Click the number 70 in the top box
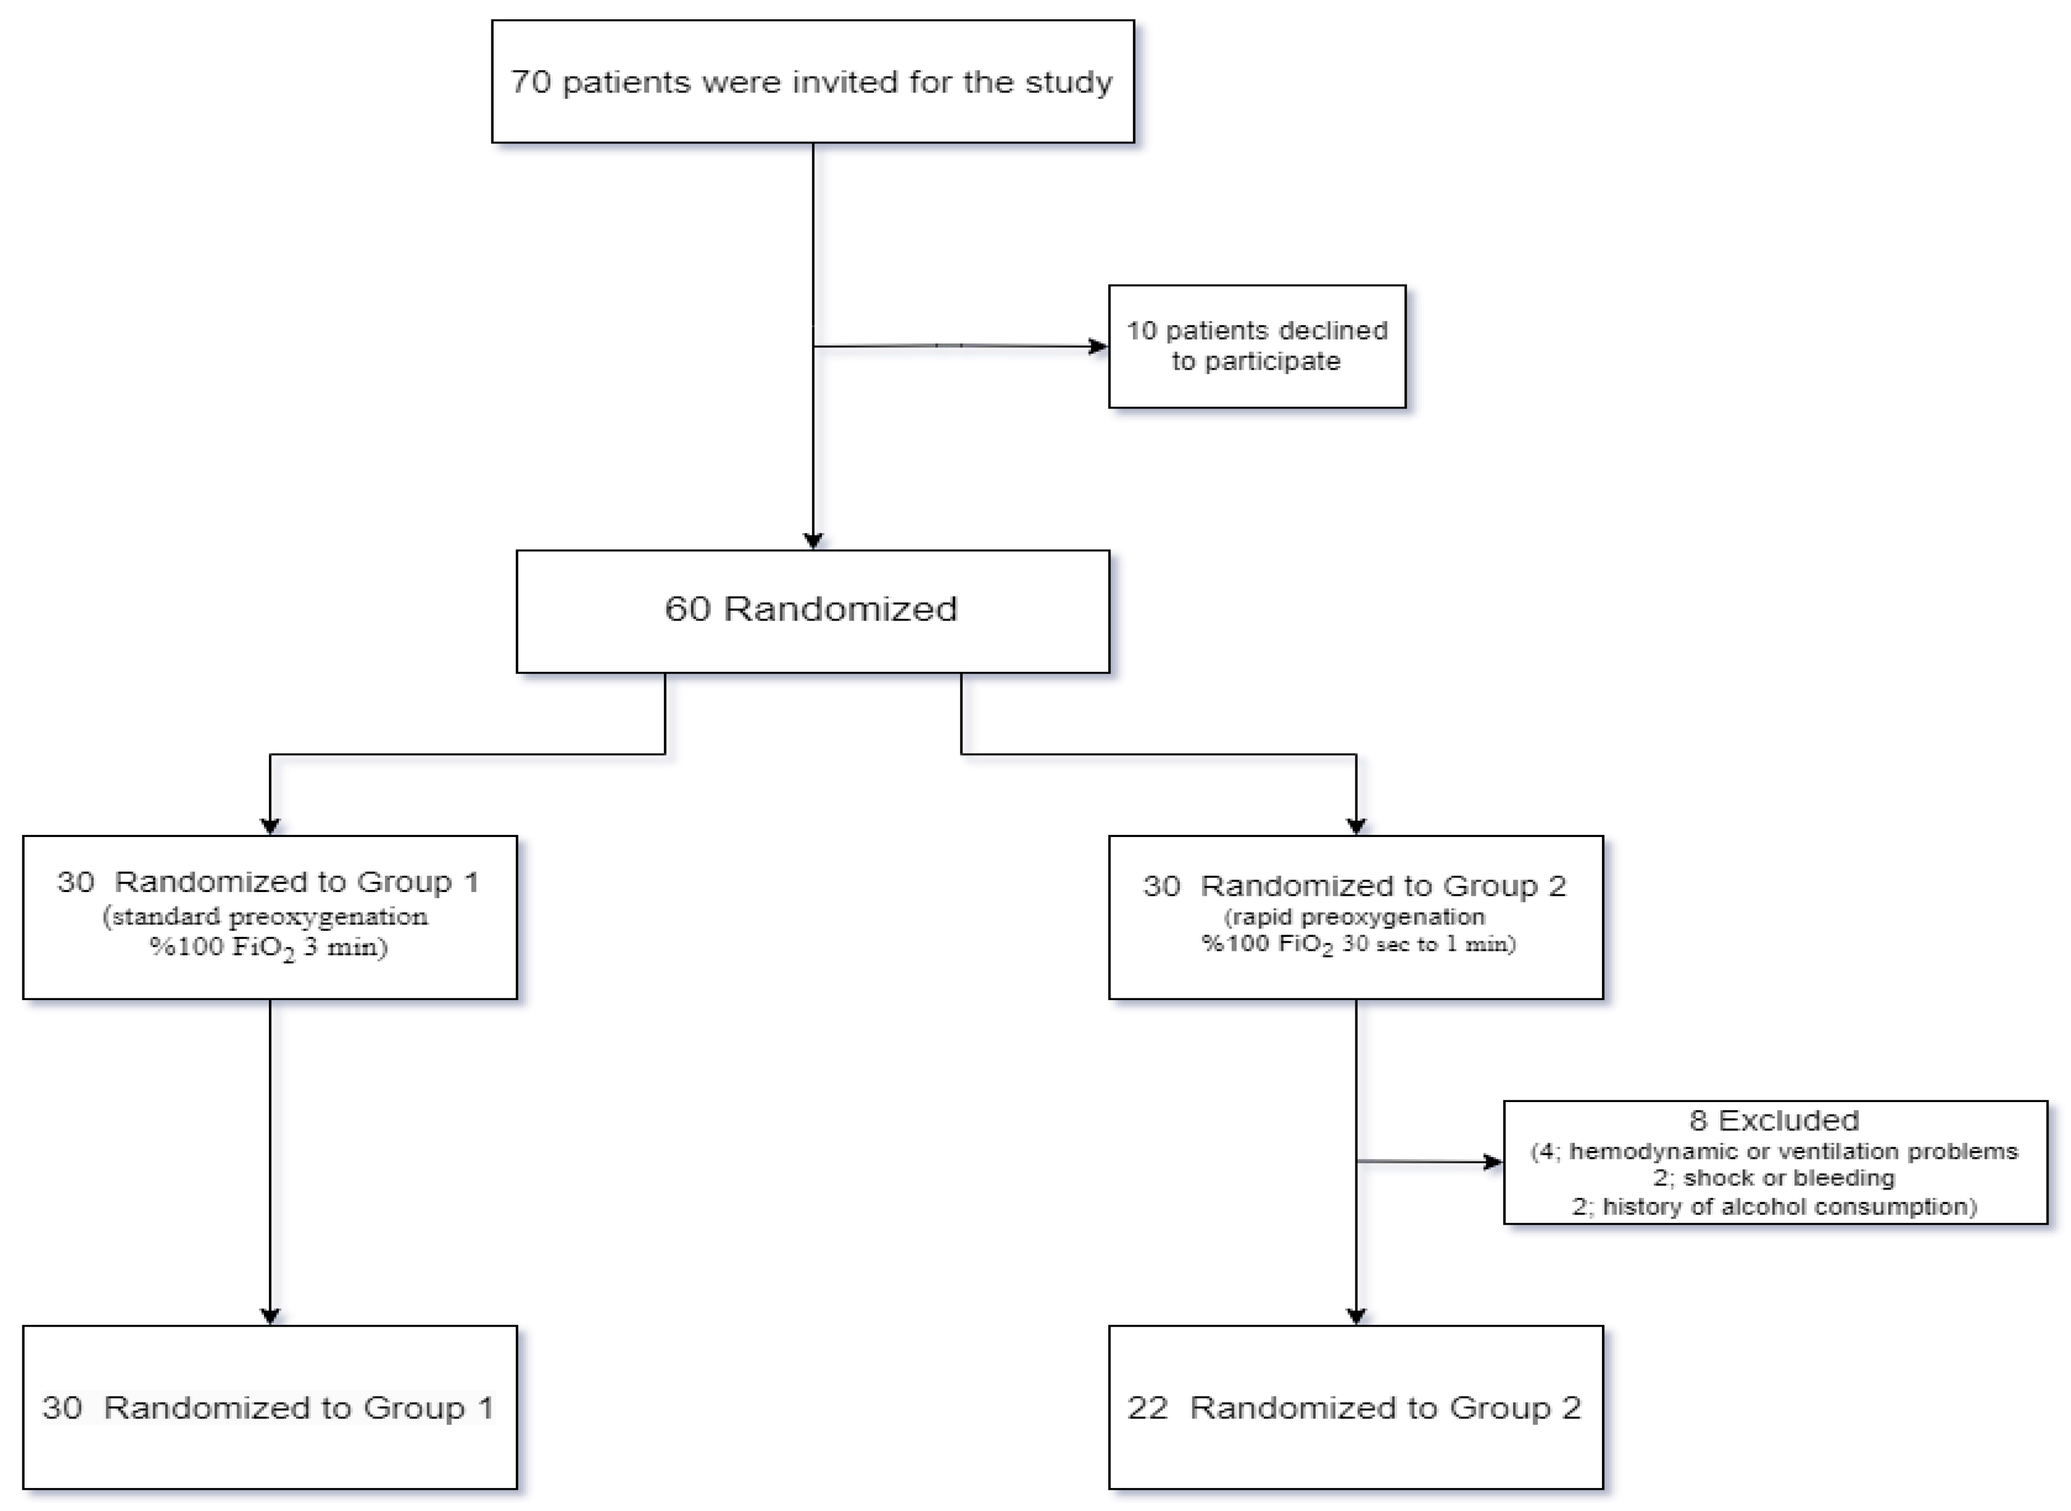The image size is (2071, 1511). click(531, 82)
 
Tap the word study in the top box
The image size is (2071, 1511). click(1068, 82)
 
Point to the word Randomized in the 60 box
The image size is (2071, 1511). click(840, 609)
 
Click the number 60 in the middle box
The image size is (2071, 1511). click(687, 609)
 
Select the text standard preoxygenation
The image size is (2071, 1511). click(265, 917)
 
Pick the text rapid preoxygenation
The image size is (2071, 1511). click(1355, 917)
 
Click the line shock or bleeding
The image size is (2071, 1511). click(1788, 1178)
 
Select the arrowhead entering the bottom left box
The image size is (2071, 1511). click(270, 1316)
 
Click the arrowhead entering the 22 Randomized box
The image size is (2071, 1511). click(1355, 1316)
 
